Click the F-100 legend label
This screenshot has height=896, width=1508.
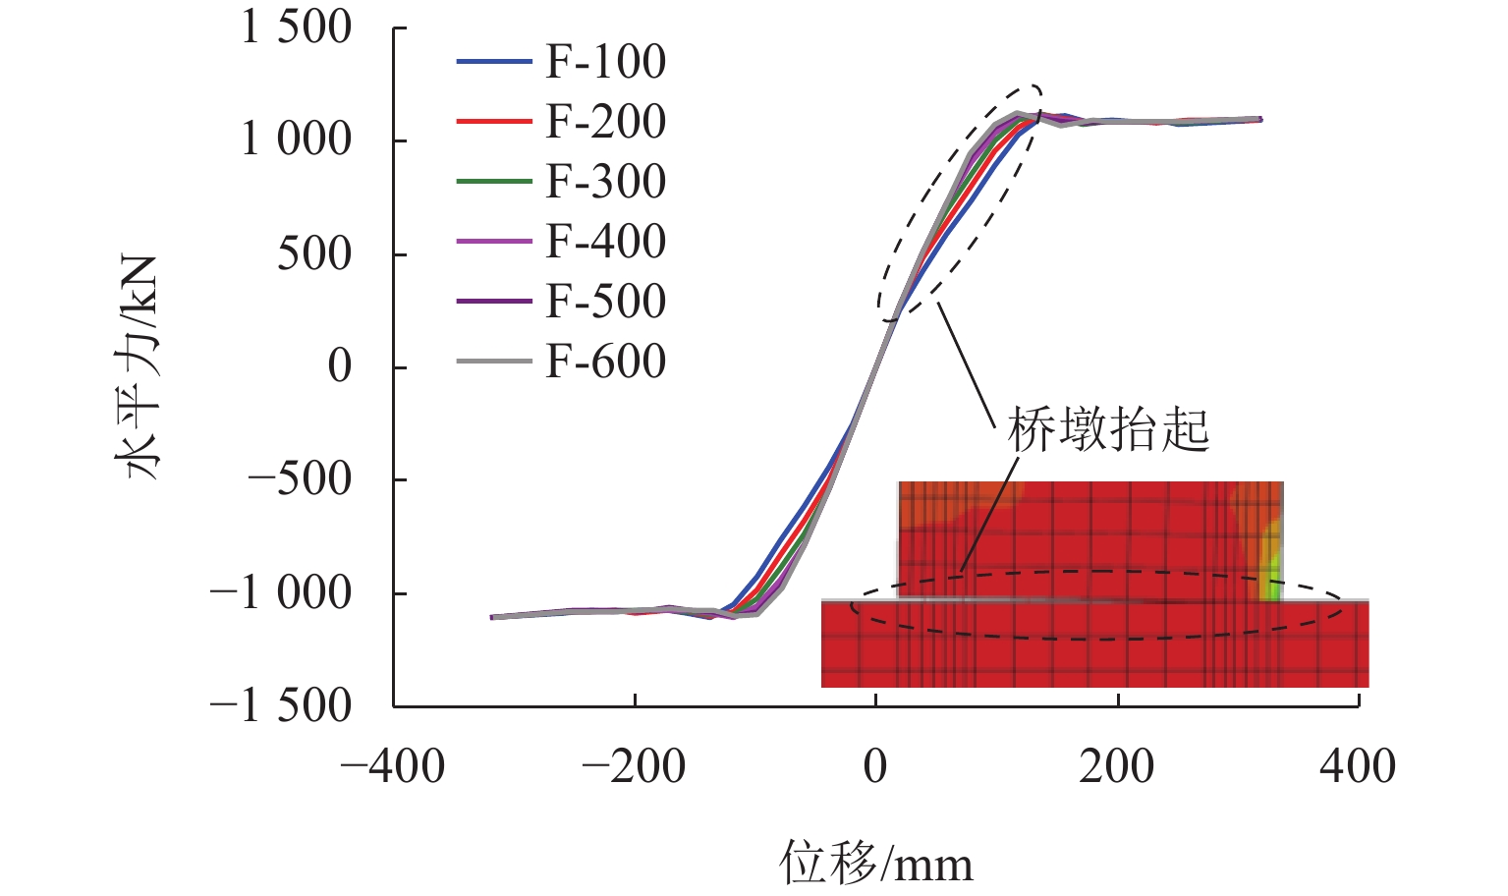pos(605,62)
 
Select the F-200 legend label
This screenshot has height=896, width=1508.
pos(605,122)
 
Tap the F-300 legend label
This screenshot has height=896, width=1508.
pos(605,182)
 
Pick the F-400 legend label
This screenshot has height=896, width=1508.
pos(605,242)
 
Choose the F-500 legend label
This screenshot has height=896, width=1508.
pos(605,302)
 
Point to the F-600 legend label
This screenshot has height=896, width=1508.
pos(605,362)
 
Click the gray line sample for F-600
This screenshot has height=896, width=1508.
pos(494,362)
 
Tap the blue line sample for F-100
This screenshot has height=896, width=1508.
pos(494,62)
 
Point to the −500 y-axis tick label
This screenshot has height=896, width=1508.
pos(300,479)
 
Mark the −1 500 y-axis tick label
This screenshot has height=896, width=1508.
pos(281,705)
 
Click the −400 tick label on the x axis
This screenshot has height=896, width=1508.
pos(393,766)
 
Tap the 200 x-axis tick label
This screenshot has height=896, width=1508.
pos(1117,766)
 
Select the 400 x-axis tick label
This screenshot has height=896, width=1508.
pos(1358,766)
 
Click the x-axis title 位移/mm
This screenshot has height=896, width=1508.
pos(876,864)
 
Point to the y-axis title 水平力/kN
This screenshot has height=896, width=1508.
pos(139,366)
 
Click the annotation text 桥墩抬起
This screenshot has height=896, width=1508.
pos(1108,429)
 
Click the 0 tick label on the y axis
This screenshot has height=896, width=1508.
pos(339,366)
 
